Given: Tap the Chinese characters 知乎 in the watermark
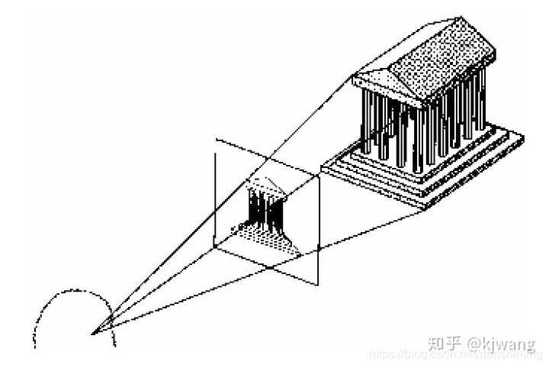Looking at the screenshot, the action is pos(444,343).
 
